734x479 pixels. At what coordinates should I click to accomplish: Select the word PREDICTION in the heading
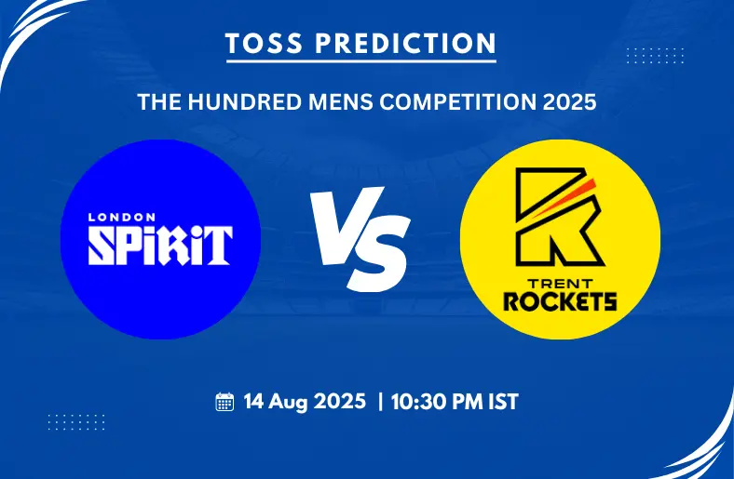coord(405,44)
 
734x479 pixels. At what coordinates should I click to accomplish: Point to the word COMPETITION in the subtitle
coord(457,102)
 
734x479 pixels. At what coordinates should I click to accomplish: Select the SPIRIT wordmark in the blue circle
coord(160,246)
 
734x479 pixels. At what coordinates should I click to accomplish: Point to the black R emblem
coord(560,217)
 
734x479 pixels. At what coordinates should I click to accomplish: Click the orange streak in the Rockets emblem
coord(564,198)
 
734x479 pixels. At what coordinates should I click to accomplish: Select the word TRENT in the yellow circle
coord(561,284)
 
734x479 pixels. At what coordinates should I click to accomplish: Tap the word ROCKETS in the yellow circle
coord(560,301)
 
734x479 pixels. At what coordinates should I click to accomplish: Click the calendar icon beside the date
coord(224,402)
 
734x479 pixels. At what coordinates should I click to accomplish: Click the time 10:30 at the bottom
coord(415,402)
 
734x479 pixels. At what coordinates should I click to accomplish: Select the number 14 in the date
coord(253,402)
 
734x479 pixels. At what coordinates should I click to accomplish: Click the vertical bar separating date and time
coord(380,402)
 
